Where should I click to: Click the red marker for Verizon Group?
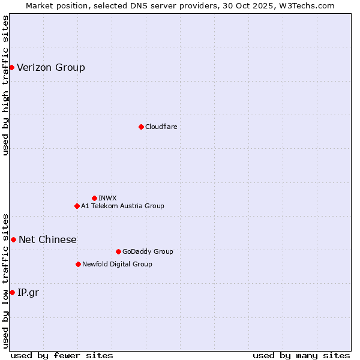pyautogui.click(x=11, y=67)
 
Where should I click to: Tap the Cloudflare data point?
pyautogui.click(x=141, y=127)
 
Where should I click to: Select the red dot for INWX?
pyautogui.click(x=94, y=198)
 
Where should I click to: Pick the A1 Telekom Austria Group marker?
pyautogui.click(x=77, y=206)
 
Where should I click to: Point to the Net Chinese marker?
pyautogui.click(x=13, y=239)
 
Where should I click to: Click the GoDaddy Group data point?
pyautogui.click(x=118, y=251)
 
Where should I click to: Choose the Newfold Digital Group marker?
pyautogui.click(x=78, y=264)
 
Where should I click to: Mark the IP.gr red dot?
pyautogui.click(x=12, y=292)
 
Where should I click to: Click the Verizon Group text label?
pyautogui.click(x=51, y=67)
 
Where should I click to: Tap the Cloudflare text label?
pyautogui.click(x=161, y=127)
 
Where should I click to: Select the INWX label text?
pyautogui.click(x=108, y=198)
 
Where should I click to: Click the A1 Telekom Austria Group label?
pyautogui.click(x=122, y=206)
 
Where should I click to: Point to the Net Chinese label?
pyautogui.click(x=47, y=239)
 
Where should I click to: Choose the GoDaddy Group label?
pyautogui.click(x=148, y=251)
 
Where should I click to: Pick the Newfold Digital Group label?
pyautogui.click(x=117, y=264)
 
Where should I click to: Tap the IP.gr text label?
pyautogui.click(x=28, y=292)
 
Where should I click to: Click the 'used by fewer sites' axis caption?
pyautogui.click(x=62, y=355)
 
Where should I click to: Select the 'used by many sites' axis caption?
pyautogui.click(x=301, y=355)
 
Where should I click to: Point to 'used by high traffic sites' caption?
pyautogui.click(x=5, y=85)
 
